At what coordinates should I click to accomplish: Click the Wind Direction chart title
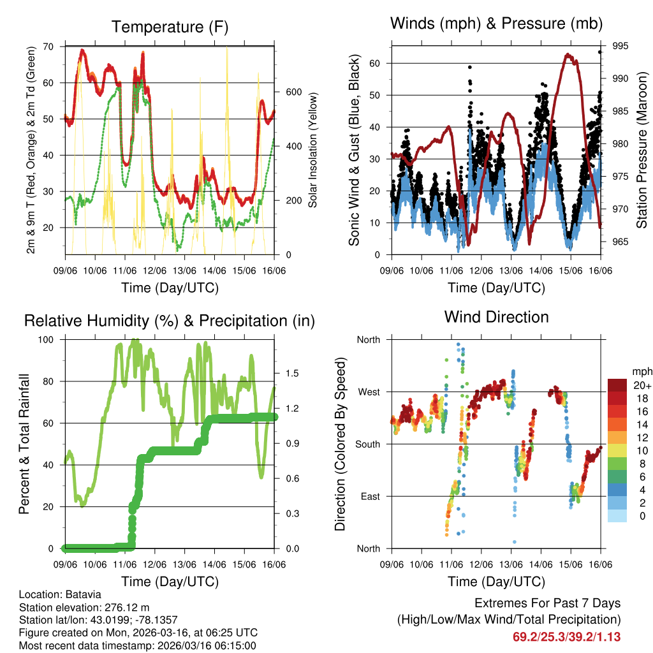[x=496, y=317]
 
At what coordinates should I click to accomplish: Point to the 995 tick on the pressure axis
[x=620, y=46]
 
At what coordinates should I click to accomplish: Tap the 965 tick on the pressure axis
[x=620, y=242]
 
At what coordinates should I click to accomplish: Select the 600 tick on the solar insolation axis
[x=293, y=91]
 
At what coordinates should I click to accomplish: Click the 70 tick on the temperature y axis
[x=49, y=47]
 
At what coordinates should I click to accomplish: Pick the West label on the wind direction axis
[x=368, y=392]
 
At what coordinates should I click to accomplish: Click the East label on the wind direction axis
[x=369, y=496]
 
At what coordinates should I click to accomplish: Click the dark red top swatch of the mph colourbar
[x=617, y=385]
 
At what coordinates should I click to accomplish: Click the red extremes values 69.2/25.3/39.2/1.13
[x=566, y=636]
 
